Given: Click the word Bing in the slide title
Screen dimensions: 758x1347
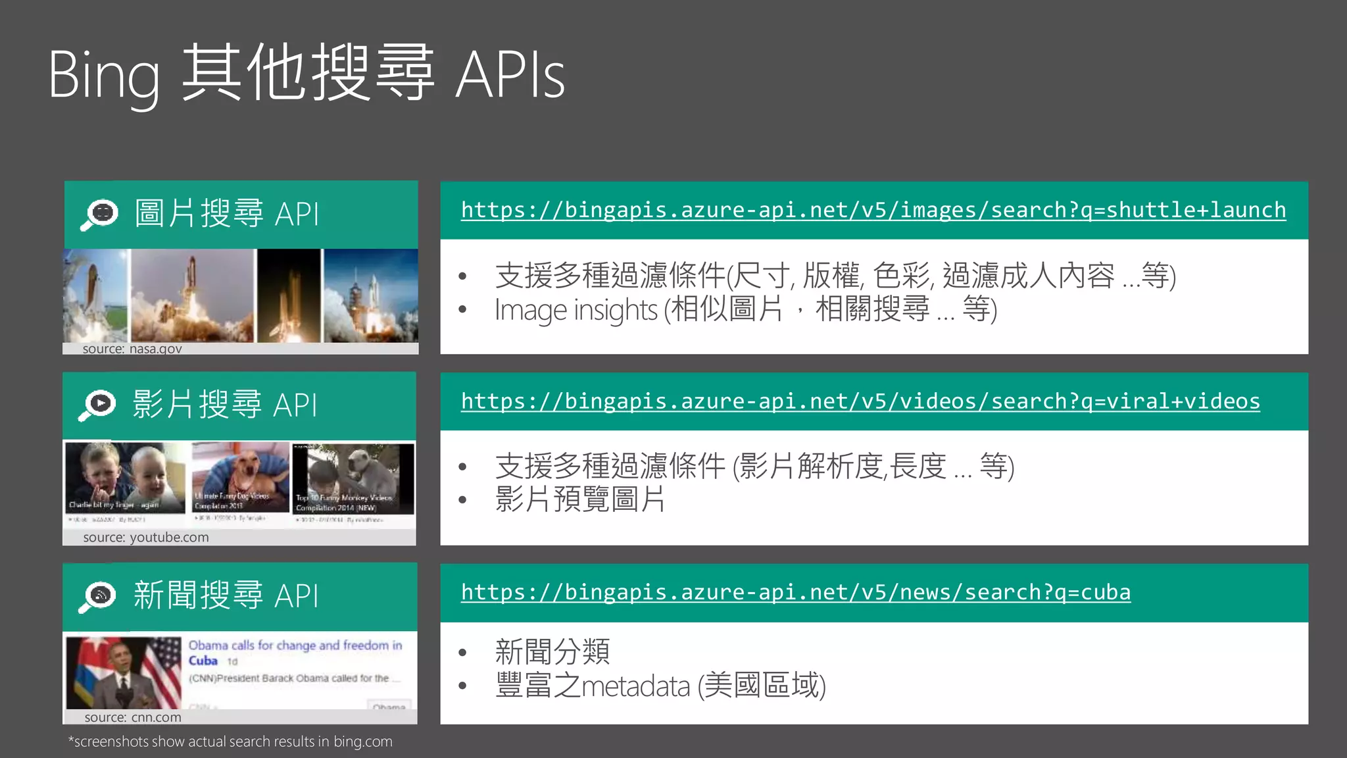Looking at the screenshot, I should pos(104,76).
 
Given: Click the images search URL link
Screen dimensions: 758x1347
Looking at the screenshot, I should pos(873,210).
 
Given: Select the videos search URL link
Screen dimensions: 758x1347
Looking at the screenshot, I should pos(860,401).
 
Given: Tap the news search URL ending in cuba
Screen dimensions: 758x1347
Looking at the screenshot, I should pos(796,592).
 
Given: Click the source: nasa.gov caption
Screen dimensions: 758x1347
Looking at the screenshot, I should pos(132,349).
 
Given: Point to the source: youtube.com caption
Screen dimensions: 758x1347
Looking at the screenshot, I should pos(145,538).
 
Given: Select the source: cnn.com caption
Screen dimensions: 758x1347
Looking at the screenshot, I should pos(132,717).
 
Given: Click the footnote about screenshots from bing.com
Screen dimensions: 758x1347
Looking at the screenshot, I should pos(230,742).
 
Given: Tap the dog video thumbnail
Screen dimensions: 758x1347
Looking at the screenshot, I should pos(240,477).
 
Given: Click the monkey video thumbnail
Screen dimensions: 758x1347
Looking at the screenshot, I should pos(353,478).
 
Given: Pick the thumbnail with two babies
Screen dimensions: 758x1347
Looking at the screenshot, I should pos(125,477).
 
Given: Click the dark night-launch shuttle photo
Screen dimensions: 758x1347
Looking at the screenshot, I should pos(289,295).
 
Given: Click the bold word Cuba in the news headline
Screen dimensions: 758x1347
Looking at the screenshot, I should pos(203,661).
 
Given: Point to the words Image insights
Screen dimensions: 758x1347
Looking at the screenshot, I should pos(576,310).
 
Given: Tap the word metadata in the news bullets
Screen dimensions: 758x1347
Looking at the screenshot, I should pos(636,686).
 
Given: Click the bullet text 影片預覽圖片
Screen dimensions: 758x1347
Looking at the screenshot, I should pos(579,499).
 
